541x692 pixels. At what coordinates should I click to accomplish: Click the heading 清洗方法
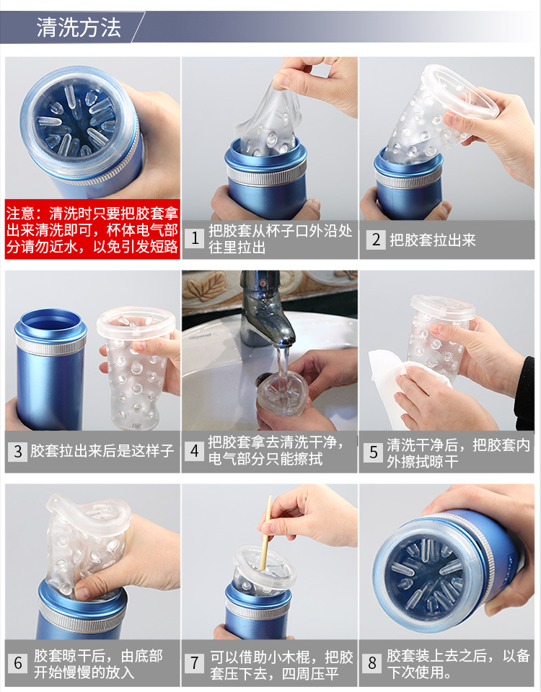[79, 27]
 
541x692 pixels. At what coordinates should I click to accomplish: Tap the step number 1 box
[195, 238]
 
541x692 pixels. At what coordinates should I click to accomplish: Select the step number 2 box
[376, 240]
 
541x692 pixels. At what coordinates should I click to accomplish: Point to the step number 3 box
[17, 451]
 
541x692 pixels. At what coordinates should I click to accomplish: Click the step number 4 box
[195, 450]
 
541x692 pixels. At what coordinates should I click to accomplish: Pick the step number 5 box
[374, 452]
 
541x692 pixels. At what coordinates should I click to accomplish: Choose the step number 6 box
[17, 663]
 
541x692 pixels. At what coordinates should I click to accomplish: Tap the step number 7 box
[194, 663]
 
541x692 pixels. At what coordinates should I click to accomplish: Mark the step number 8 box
[372, 663]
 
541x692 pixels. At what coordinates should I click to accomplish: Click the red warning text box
[92, 229]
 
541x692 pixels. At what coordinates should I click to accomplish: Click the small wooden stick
[265, 533]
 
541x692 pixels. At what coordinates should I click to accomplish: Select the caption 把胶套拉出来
[433, 240]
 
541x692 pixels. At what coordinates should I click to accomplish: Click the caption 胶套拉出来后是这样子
[102, 451]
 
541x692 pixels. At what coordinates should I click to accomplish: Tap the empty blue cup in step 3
[50, 370]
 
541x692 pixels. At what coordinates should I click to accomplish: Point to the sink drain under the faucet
[265, 380]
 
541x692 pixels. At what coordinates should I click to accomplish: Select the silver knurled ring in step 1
[266, 176]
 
